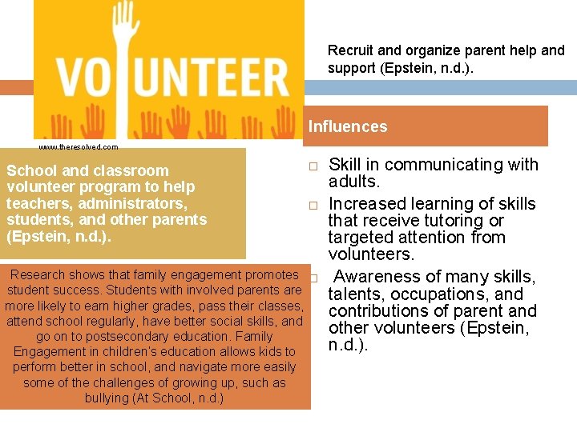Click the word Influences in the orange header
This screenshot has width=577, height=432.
347,126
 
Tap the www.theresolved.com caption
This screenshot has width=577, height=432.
78,147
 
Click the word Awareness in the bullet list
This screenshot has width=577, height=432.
371,277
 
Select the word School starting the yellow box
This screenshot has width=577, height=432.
30,170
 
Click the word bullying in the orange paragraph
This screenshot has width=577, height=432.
108,398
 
